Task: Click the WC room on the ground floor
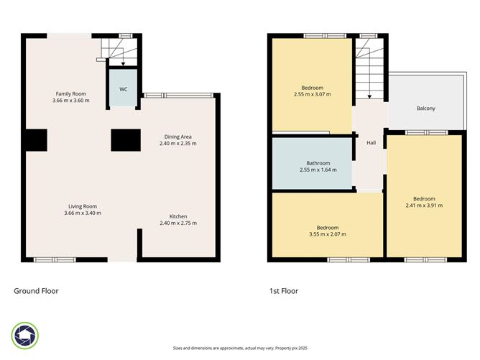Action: (x=124, y=88)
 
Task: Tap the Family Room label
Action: (x=70, y=93)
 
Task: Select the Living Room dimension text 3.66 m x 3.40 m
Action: (x=83, y=213)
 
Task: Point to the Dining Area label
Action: (x=177, y=136)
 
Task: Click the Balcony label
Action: (x=425, y=109)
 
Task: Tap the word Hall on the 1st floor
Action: (x=371, y=143)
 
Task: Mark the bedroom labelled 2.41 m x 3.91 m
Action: (x=423, y=199)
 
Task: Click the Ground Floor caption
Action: (x=36, y=291)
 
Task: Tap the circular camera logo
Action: (x=25, y=336)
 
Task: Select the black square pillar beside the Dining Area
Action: (x=124, y=140)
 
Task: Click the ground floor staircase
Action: (x=115, y=52)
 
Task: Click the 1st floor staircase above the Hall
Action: (x=369, y=68)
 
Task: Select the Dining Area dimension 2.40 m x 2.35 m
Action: (x=177, y=143)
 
